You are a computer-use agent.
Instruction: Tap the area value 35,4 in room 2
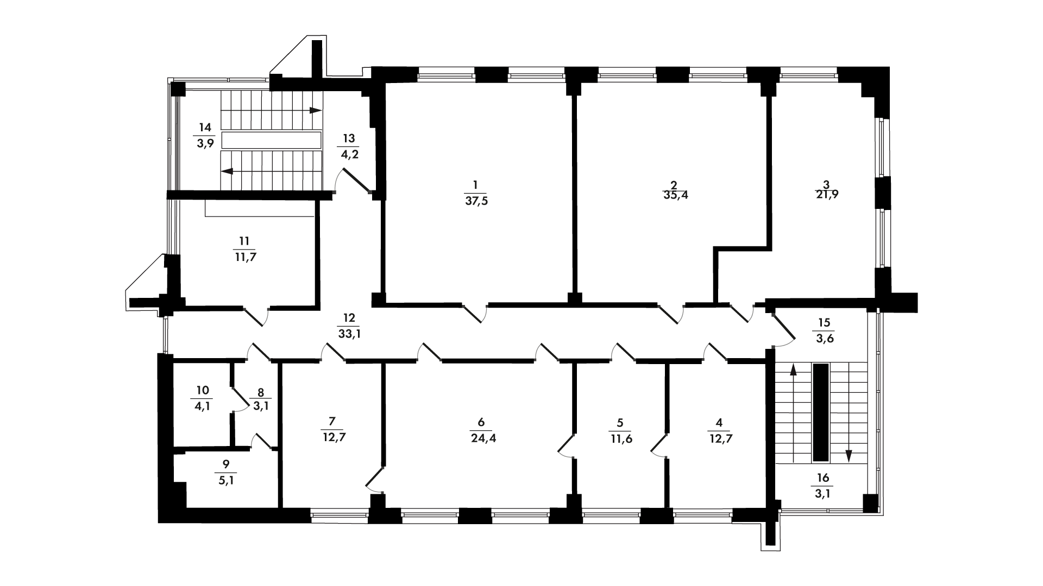(675, 195)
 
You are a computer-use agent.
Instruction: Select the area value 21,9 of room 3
(827, 195)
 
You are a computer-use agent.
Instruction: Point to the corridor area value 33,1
(350, 334)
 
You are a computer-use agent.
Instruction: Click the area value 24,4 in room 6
(483, 439)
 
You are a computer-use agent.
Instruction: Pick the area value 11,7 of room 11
(246, 257)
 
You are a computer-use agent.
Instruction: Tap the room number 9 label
(227, 463)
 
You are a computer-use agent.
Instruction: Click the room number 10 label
(203, 390)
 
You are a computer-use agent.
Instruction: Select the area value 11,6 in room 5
(621, 439)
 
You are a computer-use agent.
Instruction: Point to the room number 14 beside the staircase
(205, 128)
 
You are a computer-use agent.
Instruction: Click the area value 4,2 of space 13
(349, 154)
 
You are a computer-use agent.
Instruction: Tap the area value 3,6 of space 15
(824, 339)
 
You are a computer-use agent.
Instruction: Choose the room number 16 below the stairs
(824, 477)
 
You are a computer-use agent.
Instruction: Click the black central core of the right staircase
(821, 413)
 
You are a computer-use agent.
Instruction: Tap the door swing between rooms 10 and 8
(239, 400)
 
